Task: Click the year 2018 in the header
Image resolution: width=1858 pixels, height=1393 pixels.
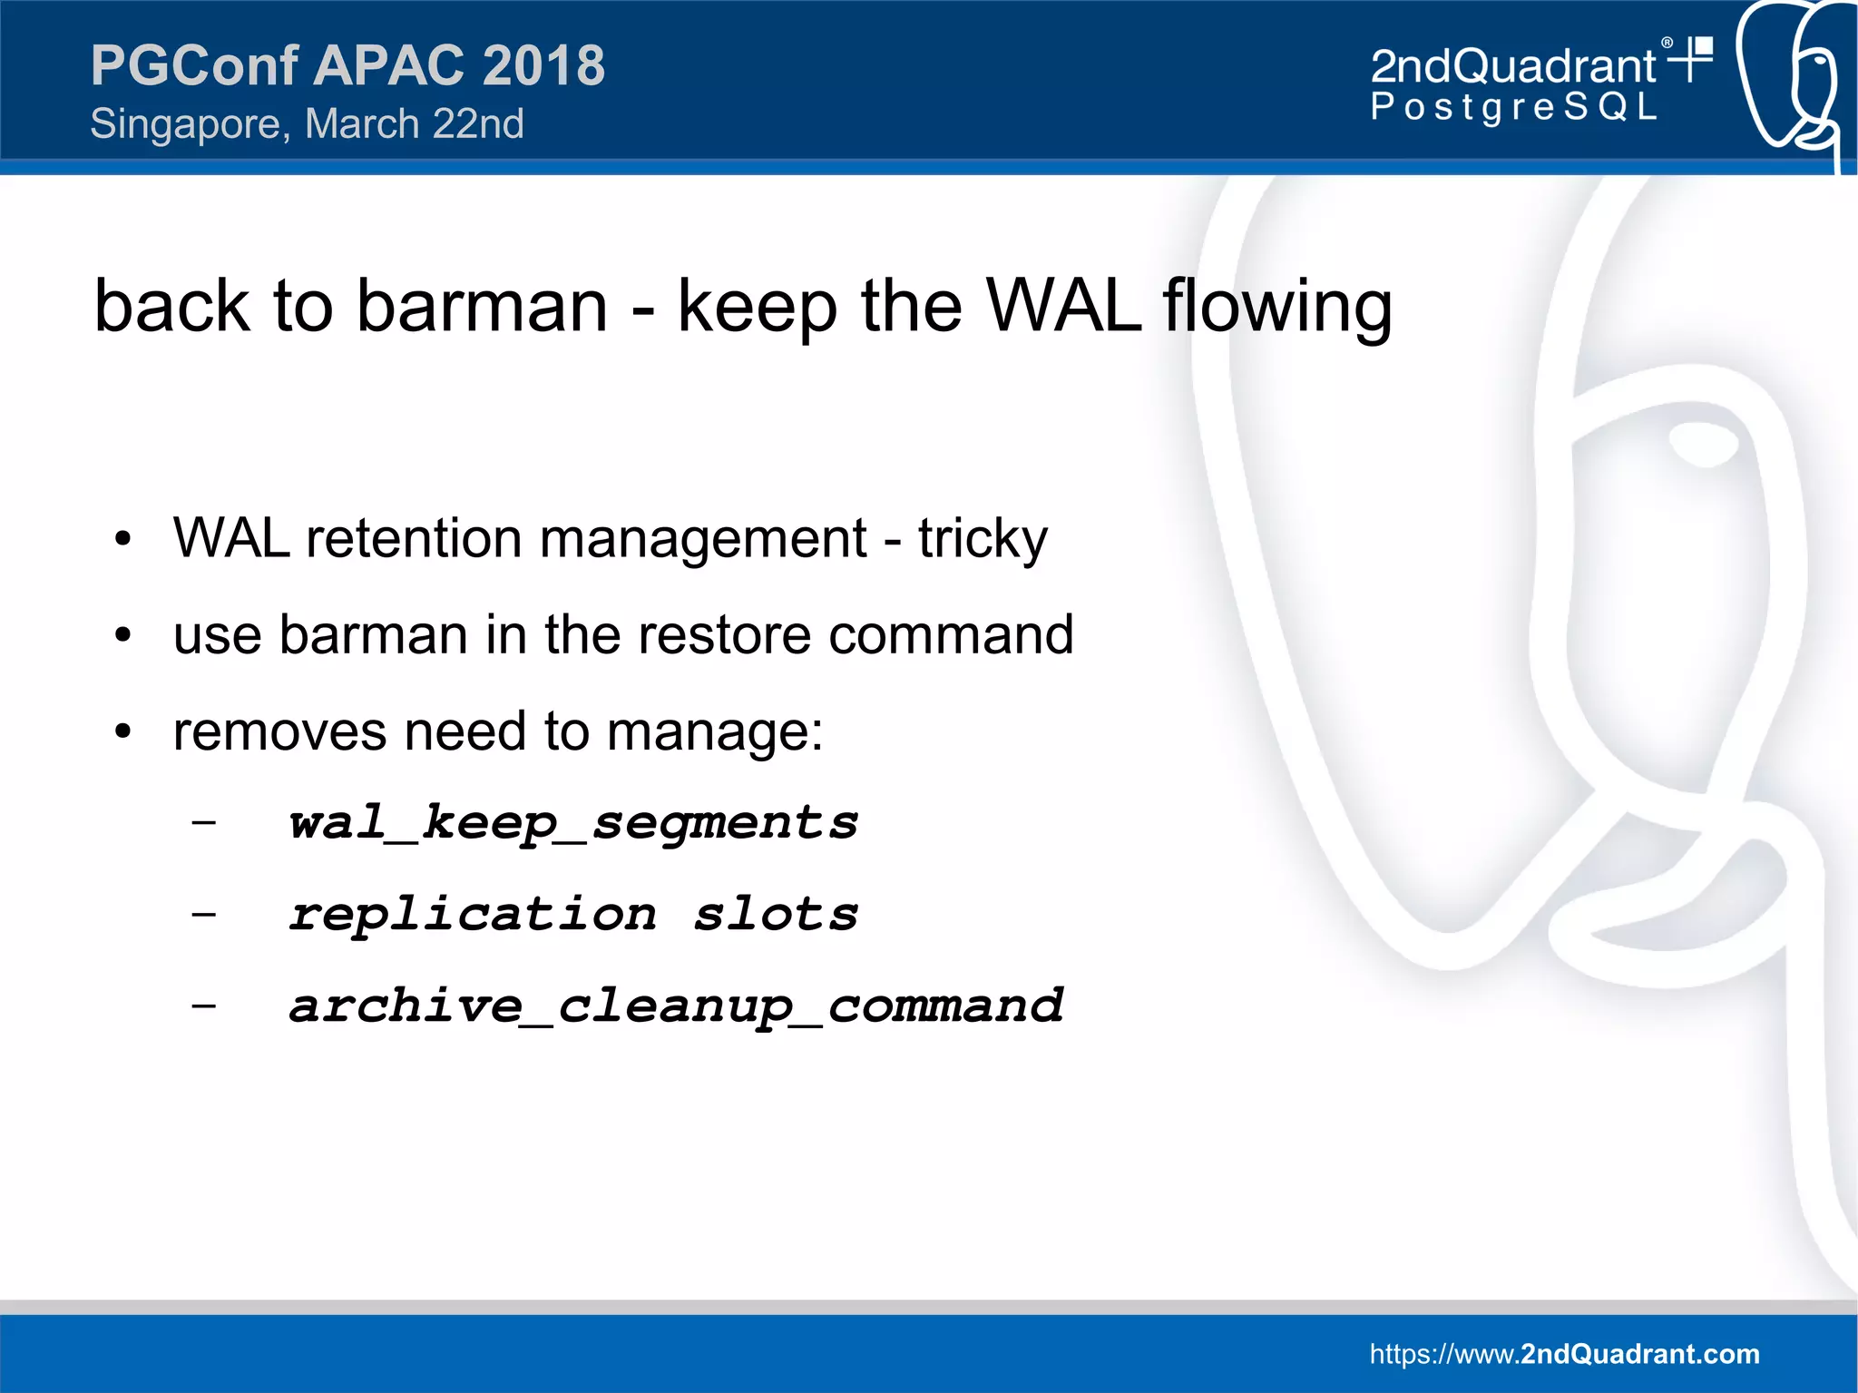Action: coord(543,65)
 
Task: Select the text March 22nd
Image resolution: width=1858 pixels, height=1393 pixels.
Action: coord(415,124)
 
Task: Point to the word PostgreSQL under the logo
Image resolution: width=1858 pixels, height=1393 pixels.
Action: coord(1513,107)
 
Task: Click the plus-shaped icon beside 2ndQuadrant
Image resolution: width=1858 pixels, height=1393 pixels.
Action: coord(1693,58)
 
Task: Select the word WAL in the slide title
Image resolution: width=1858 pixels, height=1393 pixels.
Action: coord(1062,306)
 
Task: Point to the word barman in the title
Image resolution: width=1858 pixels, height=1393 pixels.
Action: coord(482,306)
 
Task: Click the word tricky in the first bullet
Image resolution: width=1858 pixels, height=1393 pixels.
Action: coord(983,539)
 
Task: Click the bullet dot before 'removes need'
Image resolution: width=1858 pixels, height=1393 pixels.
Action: coord(123,731)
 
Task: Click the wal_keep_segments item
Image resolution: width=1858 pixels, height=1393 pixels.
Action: coord(572,823)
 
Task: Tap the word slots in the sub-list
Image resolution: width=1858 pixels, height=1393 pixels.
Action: coord(776,914)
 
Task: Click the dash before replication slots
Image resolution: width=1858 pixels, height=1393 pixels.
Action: coord(204,913)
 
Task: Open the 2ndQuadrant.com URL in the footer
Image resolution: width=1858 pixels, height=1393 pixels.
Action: coord(1564,1354)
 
